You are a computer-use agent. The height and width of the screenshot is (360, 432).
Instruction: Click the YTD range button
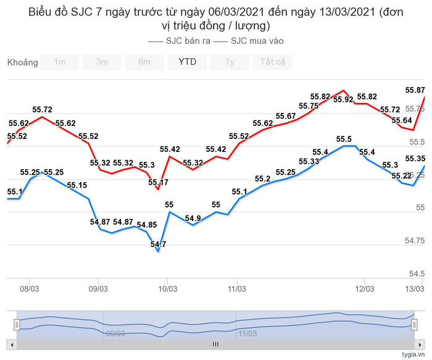[188, 62]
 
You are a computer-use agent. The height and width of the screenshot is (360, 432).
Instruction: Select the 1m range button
[60, 62]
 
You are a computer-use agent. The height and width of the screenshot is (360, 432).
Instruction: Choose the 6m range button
[144, 62]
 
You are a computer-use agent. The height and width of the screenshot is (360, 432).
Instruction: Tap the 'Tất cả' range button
[272, 62]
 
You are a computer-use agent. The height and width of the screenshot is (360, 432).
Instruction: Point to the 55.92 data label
[343, 99]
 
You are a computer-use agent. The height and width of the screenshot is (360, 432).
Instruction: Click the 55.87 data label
[415, 90]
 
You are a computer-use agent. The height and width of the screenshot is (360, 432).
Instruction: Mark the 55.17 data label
[158, 182]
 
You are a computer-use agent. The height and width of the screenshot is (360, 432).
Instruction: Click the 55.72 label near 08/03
[42, 109]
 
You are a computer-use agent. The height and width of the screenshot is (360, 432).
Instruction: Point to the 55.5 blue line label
[344, 140]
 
